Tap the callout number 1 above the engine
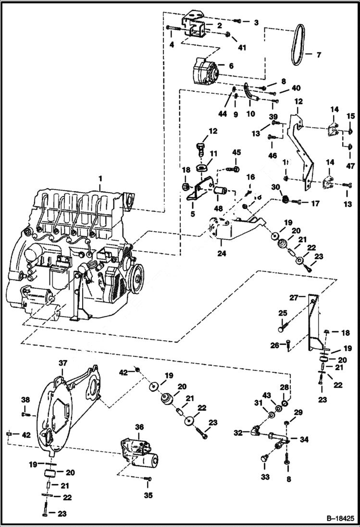pyautogui.click(x=100, y=179)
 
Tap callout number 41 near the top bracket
pyautogui.click(x=241, y=48)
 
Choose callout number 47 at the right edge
pyautogui.click(x=350, y=166)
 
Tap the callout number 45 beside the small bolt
pyautogui.click(x=236, y=153)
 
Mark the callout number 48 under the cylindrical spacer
pyautogui.click(x=218, y=209)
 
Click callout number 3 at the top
pyautogui.click(x=256, y=22)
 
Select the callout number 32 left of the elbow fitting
pyautogui.click(x=238, y=433)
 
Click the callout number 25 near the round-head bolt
pyautogui.click(x=283, y=313)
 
